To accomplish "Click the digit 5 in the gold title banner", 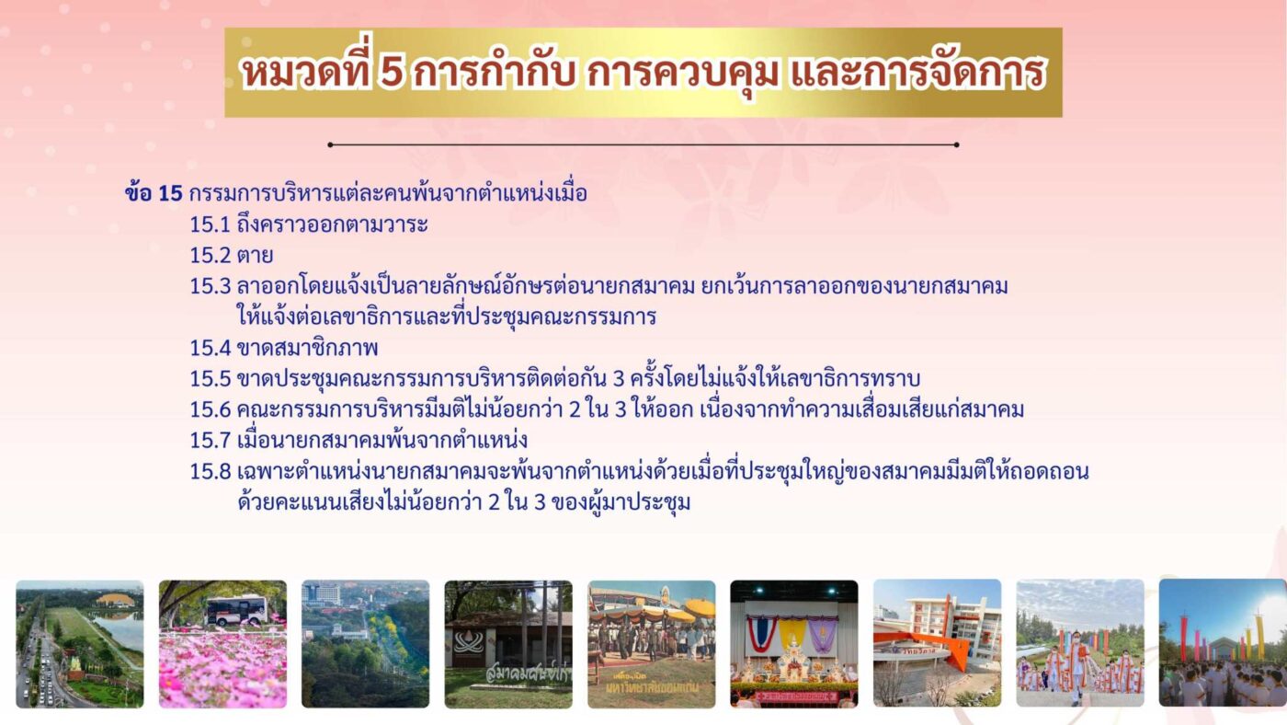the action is tap(392, 73).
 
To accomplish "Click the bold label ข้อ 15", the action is tap(154, 193).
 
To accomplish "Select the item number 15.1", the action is tap(210, 224).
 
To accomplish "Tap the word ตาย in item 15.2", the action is tap(256, 255).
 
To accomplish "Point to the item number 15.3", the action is tap(211, 286).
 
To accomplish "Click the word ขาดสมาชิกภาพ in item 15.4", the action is tap(307, 349).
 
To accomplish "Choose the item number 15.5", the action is tap(211, 379).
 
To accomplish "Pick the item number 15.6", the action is tap(211, 410).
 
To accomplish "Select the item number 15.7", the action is tap(211, 441).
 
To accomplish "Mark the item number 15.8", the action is tap(211, 472).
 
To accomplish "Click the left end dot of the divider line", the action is tap(330, 144).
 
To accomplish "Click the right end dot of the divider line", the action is tap(957, 144).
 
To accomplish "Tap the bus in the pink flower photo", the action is tap(236, 609).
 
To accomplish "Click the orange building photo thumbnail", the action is tap(937, 643).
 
